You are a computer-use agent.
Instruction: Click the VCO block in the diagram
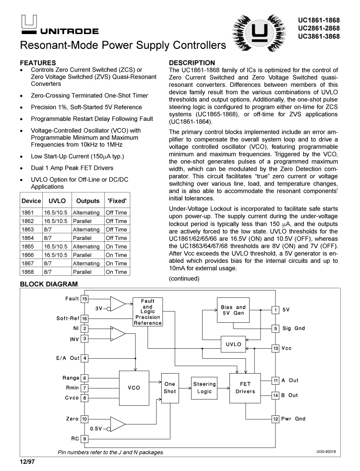coord(134,388)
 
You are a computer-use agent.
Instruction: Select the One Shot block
coord(170,388)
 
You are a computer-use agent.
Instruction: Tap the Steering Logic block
coord(204,388)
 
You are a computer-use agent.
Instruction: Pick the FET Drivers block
coord(245,388)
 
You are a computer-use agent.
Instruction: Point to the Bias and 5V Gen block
coord(233,310)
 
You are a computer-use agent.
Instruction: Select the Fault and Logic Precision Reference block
coord(148,312)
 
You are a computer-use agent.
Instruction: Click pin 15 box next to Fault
coord(84,299)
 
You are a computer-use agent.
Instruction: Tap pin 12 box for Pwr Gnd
coord(276,419)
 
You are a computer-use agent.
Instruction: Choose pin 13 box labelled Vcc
coord(276,348)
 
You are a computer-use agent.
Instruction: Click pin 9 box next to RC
coord(84,438)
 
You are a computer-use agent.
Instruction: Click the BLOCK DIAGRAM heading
coord(49,284)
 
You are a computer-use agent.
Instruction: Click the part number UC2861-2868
coord(319,29)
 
